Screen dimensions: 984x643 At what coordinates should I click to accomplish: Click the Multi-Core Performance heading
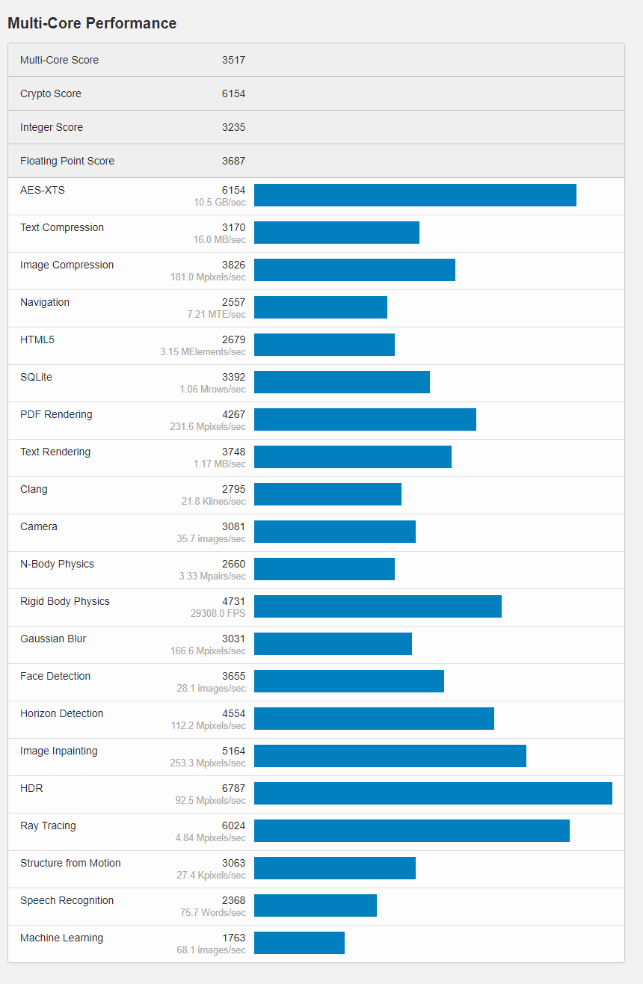pyautogui.click(x=92, y=23)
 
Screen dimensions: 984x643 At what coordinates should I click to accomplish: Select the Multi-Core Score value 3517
pyautogui.click(x=233, y=60)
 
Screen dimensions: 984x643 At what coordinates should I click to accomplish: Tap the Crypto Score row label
pyautogui.click(x=51, y=93)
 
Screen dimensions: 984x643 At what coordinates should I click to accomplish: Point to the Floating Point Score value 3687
pyautogui.click(x=233, y=161)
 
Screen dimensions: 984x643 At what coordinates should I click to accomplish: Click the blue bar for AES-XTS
pyautogui.click(x=415, y=195)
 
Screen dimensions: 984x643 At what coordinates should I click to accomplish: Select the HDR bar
pyautogui.click(x=433, y=793)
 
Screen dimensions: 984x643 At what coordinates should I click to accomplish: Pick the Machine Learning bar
pyautogui.click(x=299, y=943)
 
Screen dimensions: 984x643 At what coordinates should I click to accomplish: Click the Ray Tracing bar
pyautogui.click(x=411, y=831)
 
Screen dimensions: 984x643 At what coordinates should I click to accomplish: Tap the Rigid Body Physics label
pyautogui.click(x=65, y=601)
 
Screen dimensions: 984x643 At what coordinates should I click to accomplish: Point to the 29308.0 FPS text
pyautogui.click(x=218, y=613)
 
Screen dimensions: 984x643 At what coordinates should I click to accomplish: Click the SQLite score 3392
pyautogui.click(x=233, y=377)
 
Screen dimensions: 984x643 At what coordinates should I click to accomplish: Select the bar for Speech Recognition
pyautogui.click(x=316, y=905)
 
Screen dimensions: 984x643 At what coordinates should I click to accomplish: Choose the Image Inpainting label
pyautogui.click(x=59, y=751)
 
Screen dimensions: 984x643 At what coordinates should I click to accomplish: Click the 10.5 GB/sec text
pyautogui.click(x=220, y=202)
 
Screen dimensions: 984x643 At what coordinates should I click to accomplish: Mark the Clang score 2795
pyautogui.click(x=233, y=489)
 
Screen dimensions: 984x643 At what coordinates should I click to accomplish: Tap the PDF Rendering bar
pyautogui.click(x=365, y=419)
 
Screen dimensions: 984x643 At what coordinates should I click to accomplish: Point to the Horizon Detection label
pyautogui.click(x=62, y=713)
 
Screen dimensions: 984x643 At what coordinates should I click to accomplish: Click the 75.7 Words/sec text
pyautogui.click(x=213, y=912)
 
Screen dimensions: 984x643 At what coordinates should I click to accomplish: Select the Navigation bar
pyautogui.click(x=321, y=307)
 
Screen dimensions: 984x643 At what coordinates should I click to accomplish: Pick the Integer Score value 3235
pyautogui.click(x=233, y=127)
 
